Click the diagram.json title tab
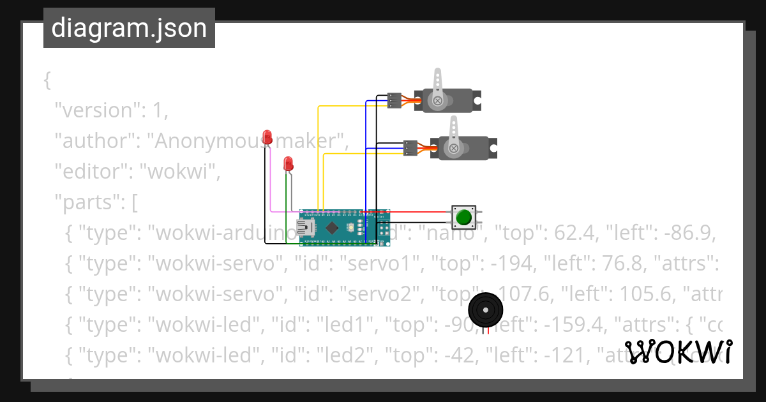point(129,28)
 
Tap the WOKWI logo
point(679,352)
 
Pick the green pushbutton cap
point(463,218)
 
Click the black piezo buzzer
point(486,310)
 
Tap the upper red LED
point(267,137)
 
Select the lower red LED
point(289,163)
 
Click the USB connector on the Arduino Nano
point(305,228)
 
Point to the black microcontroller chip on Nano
point(332,227)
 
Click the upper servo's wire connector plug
point(394,100)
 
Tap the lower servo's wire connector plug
point(410,148)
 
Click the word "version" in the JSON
point(96,110)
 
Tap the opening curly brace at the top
point(47,80)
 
